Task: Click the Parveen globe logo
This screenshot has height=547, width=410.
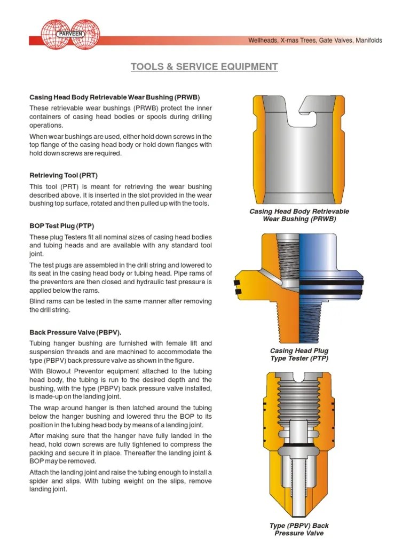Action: click(x=72, y=35)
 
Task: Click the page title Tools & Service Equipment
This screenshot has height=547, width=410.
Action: click(x=204, y=67)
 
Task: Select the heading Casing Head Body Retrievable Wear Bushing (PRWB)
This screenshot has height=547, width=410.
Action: click(x=114, y=97)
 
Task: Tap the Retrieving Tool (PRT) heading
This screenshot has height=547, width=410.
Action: click(x=64, y=175)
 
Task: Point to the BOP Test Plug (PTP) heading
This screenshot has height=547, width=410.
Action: click(x=65, y=226)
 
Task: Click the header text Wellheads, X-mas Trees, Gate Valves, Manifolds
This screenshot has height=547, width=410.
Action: click(x=315, y=41)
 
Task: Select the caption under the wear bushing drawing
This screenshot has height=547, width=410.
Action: click(x=299, y=215)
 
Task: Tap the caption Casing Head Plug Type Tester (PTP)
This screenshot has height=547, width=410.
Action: click(x=299, y=355)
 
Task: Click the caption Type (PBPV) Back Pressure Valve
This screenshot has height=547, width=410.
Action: click(x=299, y=529)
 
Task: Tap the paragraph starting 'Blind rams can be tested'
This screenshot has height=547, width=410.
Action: click(x=121, y=306)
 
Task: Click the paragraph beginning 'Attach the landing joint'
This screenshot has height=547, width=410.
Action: click(x=121, y=481)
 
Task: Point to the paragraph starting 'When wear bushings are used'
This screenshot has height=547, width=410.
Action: click(x=121, y=145)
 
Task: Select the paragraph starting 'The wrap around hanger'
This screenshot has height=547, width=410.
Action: click(x=121, y=416)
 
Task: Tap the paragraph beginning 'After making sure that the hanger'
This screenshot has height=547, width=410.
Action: click(x=121, y=449)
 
